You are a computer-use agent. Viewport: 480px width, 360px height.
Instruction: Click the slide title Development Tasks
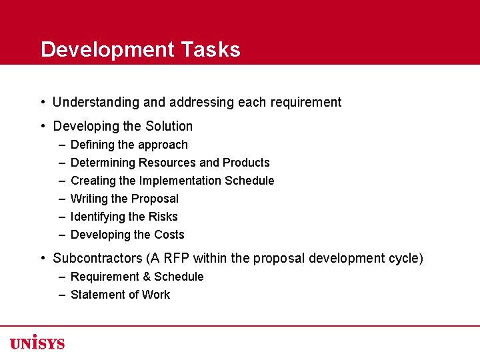tap(140, 50)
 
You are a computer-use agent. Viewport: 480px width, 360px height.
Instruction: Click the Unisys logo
tap(37, 343)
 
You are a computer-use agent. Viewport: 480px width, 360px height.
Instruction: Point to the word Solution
tap(170, 127)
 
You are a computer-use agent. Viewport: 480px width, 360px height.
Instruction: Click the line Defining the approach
tap(129, 145)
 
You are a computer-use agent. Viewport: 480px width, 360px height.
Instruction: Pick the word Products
tap(246, 163)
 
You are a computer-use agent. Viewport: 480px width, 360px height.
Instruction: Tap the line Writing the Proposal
tap(124, 199)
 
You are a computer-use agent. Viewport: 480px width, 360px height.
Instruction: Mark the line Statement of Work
tap(120, 295)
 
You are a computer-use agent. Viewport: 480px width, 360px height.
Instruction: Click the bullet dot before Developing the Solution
tap(42, 127)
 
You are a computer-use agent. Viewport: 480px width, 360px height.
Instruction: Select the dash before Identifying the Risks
tap(61, 217)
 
